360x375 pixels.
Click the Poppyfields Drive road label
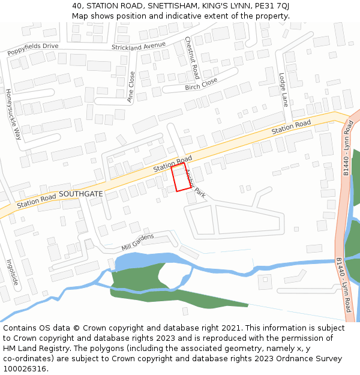[33, 49]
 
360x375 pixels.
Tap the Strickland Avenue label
[138, 46]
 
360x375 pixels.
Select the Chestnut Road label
[192, 58]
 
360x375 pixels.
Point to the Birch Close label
[201, 84]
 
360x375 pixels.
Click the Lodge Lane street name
[284, 90]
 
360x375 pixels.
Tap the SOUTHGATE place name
[81, 194]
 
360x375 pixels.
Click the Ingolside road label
[11, 272]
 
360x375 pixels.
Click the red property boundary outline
[181, 178]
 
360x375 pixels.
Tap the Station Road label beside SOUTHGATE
[36, 201]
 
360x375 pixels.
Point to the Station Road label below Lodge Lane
[291, 127]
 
